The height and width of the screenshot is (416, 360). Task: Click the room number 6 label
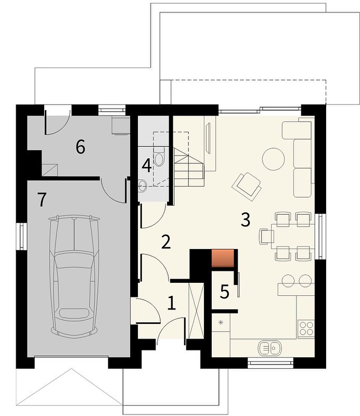(81, 147)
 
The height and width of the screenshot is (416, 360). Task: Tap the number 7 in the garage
(42, 200)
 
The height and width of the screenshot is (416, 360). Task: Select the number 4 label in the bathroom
(147, 166)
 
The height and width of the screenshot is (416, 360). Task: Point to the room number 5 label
(225, 292)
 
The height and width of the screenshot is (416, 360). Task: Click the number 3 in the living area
(246, 219)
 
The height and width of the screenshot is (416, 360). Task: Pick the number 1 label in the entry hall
(172, 303)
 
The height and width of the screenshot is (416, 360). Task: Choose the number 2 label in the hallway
(166, 242)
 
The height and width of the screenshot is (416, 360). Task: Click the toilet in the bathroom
(159, 157)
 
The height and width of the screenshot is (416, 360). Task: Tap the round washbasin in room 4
(143, 186)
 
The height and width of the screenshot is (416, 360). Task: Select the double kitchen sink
(269, 348)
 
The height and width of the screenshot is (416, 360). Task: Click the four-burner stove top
(306, 329)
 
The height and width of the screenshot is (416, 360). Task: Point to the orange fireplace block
(223, 258)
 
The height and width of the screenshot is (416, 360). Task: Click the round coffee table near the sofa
(273, 159)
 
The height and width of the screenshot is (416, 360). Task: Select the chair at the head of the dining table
(266, 237)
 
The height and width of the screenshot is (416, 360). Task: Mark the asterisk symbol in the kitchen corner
(221, 322)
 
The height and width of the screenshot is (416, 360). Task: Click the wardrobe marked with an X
(196, 311)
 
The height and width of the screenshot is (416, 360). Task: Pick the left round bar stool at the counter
(288, 281)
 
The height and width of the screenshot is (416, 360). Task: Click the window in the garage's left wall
(21, 237)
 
